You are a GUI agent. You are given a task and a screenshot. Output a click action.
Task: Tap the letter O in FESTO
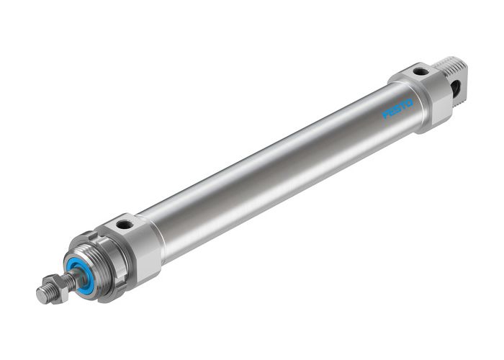tap(409, 102)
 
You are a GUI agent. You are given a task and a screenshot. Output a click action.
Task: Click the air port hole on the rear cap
tap(417, 72)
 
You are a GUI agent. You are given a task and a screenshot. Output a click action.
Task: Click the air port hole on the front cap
tap(126, 225)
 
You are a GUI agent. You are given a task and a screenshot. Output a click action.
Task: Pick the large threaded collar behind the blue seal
tap(108, 263)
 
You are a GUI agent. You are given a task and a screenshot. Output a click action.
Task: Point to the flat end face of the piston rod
tap(39, 296)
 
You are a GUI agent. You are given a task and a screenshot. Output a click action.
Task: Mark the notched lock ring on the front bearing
tap(97, 252)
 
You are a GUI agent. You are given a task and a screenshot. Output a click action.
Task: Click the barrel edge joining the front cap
tap(155, 234)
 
